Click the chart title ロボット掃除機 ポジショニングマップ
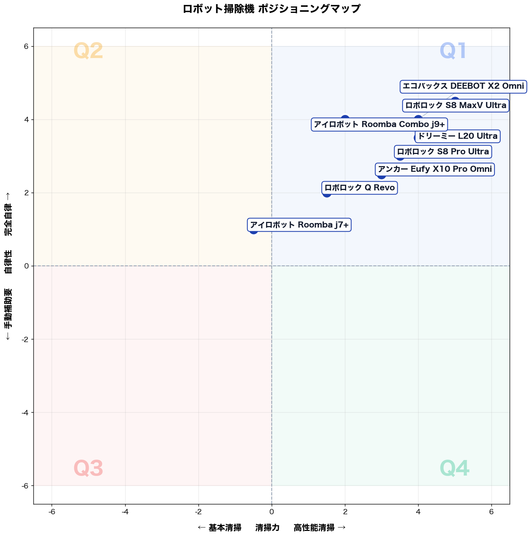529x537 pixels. tap(271, 9)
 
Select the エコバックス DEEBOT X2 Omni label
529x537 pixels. tap(463, 86)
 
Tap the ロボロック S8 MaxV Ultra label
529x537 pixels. tap(455, 105)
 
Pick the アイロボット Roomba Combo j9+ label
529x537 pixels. tap(379, 124)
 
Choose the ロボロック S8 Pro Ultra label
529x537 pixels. tap(442, 152)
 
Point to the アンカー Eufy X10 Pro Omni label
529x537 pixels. tap(435, 170)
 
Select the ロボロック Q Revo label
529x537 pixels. tap(359, 188)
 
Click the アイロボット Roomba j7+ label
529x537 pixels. tap(299, 225)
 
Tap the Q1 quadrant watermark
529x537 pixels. tap(452, 51)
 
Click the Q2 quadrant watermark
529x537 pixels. tap(88, 51)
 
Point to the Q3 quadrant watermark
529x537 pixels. tap(88, 468)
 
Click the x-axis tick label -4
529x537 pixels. tap(125, 512)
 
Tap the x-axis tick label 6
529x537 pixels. tap(491, 512)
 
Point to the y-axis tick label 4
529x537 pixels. tap(27, 120)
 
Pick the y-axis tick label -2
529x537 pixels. tap(25, 339)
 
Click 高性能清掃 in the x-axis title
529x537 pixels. tap(314, 528)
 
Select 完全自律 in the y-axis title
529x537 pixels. tap(8, 220)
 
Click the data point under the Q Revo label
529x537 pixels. tap(327, 193)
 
